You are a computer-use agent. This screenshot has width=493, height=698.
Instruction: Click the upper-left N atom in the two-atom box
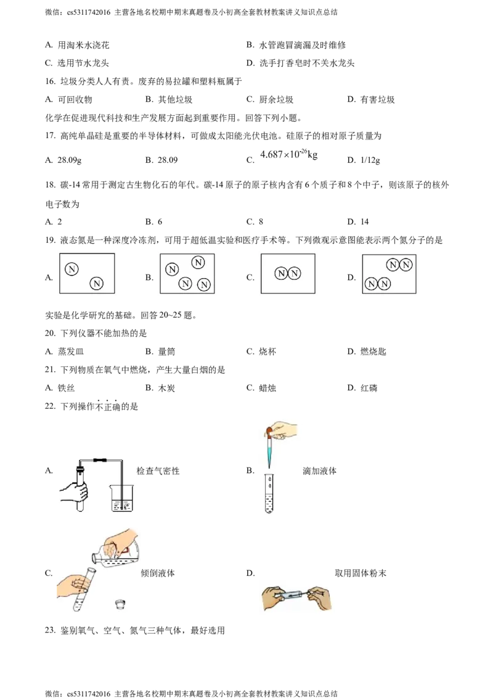point(71,269)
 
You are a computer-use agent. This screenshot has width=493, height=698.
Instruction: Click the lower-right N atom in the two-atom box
point(97,284)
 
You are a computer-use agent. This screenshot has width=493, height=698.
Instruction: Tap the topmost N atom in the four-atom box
point(198,262)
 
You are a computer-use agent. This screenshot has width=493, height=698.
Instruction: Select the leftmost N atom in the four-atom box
point(172,269)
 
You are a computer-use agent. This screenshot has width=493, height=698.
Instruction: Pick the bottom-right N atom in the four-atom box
point(204,284)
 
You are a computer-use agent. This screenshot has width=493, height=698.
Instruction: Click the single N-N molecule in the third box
point(288,273)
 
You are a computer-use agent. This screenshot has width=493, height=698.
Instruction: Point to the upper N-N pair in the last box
point(399,265)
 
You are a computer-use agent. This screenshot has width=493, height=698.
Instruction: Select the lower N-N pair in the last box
point(377,284)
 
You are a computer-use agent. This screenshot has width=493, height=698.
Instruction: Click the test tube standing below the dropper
point(269,493)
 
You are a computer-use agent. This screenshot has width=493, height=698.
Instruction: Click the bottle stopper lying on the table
point(120,605)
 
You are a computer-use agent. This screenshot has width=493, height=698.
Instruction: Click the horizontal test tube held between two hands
point(295,596)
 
